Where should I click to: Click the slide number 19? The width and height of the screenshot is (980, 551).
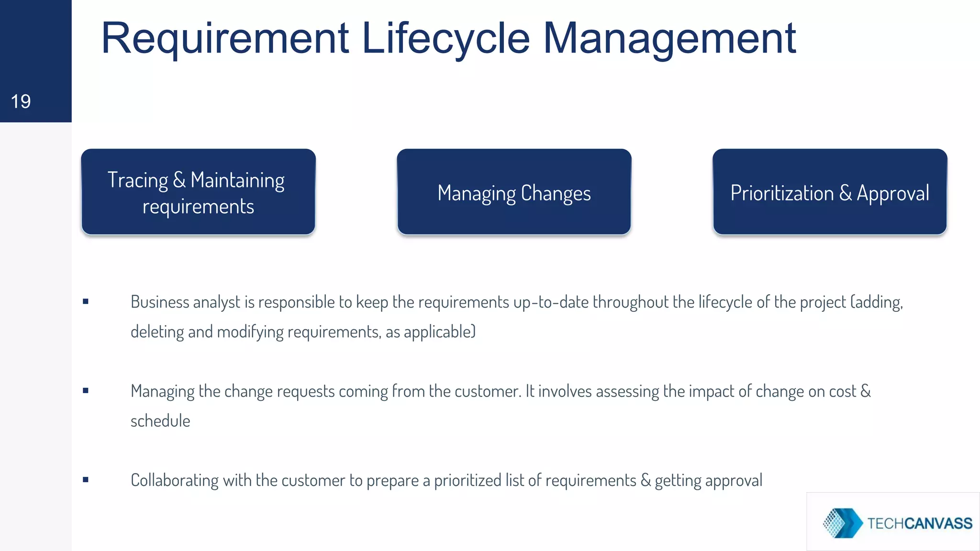(21, 101)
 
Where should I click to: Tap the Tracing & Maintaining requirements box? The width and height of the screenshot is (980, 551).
(198, 192)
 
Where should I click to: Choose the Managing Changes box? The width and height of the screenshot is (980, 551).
(514, 192)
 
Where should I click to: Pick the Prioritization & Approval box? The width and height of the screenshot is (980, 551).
(829, 192)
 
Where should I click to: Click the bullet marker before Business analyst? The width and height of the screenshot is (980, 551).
(86, 301)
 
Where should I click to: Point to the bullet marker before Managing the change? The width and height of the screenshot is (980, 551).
(86, 391)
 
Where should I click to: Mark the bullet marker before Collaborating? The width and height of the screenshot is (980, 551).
(86, 480)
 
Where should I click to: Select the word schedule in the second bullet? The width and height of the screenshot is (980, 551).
(160, 421)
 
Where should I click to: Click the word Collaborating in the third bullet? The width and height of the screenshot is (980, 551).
(174, 480)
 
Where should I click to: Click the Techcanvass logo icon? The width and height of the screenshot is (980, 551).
(842, 523)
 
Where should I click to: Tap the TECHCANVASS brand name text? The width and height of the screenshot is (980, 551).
(920, 523)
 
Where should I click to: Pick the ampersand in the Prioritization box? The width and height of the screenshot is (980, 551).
(846, 193)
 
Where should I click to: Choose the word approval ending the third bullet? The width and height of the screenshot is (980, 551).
(734, 481)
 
